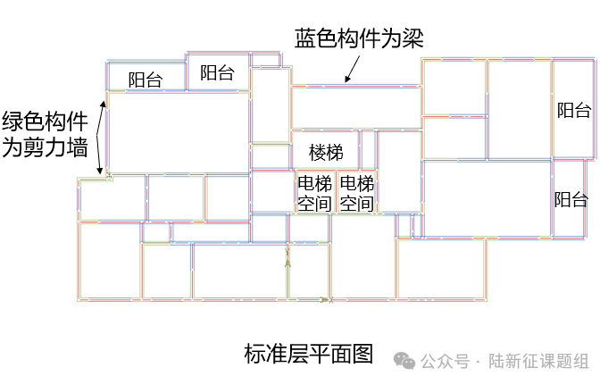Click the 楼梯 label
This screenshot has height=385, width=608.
pyautogui.click(x=326, y=153)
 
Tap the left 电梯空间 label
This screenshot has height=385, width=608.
pyautogui.click(x=314, y=194)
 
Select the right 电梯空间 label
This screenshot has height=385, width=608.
pyautogui.click(x=357, y=194)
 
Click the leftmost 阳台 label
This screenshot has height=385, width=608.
pyautogui.click(x=145, y=80)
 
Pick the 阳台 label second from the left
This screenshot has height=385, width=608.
pyautogui.click(x=217, y=73)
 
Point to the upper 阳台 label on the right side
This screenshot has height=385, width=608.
pyautogui.click(x=574, y=111)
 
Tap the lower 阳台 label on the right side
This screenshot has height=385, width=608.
pyautogui.click(x=571, y=199)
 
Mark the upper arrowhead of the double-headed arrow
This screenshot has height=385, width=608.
pyautogui.click(x=104, y=103)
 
